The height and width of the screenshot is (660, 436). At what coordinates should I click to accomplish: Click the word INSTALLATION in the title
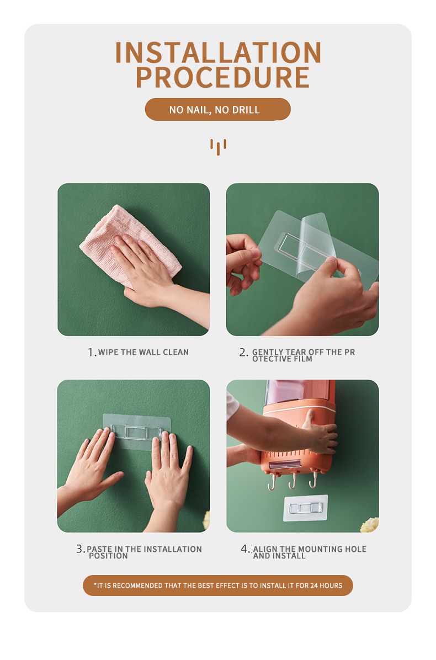point(218,53)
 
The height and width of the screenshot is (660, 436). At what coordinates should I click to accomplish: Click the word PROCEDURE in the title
point(222,78)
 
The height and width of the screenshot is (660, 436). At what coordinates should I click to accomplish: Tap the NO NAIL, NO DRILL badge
point(217,110)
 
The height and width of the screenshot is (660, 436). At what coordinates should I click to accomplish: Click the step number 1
point(92,353)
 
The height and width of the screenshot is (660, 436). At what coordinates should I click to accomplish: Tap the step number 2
point(243,353)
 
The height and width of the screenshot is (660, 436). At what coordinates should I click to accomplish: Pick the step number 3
point(80,549)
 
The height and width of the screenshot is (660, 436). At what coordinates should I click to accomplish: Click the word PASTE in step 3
point(100,549)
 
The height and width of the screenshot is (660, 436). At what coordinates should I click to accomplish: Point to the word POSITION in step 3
point(108,556)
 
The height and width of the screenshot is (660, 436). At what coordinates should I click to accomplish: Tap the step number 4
point(245,549)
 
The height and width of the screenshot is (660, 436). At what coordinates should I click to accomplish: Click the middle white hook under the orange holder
point(293,482)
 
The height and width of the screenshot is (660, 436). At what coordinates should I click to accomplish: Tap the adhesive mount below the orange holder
point(306,508)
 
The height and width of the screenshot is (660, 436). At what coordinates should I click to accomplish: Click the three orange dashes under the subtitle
point(218,146)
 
